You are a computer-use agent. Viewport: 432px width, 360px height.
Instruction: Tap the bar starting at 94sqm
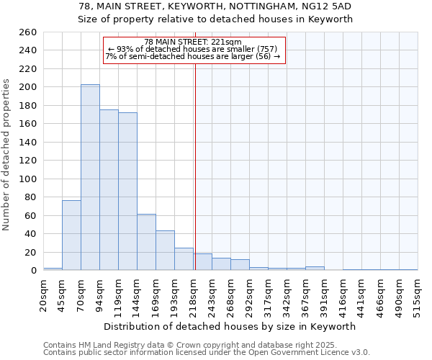tap(109, 190)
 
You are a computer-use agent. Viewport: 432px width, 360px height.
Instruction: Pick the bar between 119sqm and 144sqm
tap(127, 192)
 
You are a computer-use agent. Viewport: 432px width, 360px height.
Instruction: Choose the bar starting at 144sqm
tap(146, 242)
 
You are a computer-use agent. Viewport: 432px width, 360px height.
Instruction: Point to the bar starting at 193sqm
tap(184, 259)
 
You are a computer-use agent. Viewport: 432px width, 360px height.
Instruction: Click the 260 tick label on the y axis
tap(27, 32)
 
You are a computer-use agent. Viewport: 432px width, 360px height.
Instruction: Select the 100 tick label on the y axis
tap(27, 179)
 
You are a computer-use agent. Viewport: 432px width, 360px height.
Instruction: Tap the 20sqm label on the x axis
tap(44, 296)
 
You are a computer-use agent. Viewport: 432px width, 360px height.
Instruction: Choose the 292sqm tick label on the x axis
tap(250, 296)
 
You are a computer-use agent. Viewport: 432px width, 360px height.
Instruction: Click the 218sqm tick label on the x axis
tap(194, 296)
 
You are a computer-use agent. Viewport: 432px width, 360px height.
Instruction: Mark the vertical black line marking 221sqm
tap(195, 166)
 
